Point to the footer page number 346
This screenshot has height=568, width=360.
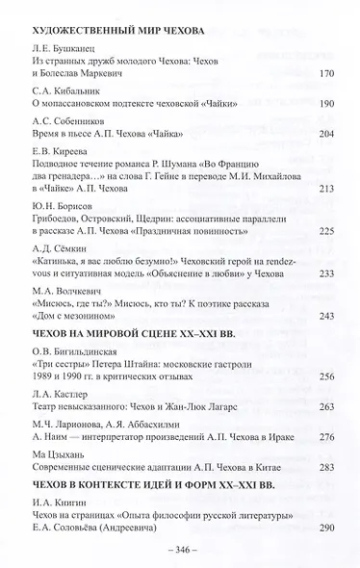tap(179, 553)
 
